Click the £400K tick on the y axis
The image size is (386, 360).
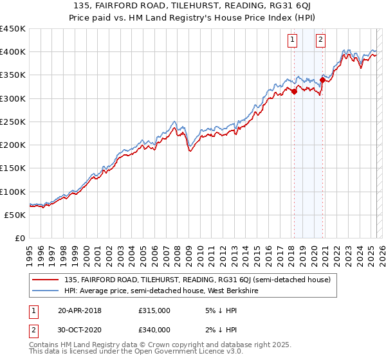[13, 52]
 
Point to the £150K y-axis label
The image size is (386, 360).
[13, 168]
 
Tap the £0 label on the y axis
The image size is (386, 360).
[19, 239]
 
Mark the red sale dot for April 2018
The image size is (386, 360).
[294, 91]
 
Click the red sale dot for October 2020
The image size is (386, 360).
[322, 80]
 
